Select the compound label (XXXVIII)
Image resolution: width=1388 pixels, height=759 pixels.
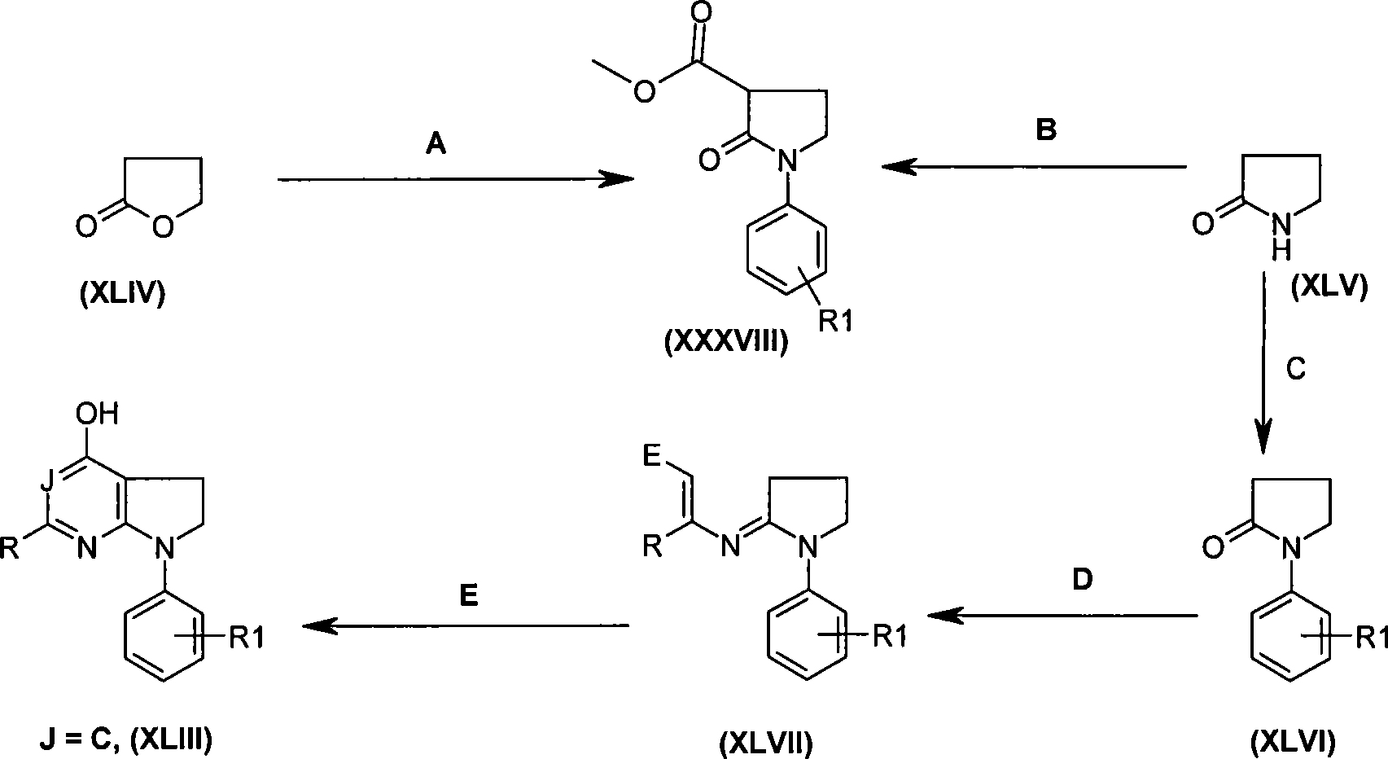click(x=726, y=340)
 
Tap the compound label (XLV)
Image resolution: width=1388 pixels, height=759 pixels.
click(x=1329, y=287)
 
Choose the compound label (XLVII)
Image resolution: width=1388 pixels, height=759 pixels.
click(x=766, y=742)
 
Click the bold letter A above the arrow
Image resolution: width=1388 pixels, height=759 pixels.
click(x=436, y=144)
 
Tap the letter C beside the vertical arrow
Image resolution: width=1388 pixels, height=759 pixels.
click(x=1296, y=369)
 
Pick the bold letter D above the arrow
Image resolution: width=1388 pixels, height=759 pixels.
click(x=1082, y=579)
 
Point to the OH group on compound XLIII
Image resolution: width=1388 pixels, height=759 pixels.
click(x=97, y=414)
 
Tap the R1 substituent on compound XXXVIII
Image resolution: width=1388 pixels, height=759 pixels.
click(x=836, y=321)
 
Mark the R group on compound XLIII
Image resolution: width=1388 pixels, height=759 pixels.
click(x=11, y=547)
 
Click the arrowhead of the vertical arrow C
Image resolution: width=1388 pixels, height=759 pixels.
click(x=1262, y=440)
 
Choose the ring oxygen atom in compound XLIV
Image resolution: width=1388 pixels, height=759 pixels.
click(x=162, y=226)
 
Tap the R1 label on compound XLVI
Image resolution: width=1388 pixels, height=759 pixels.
click(x=1371, y=637)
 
